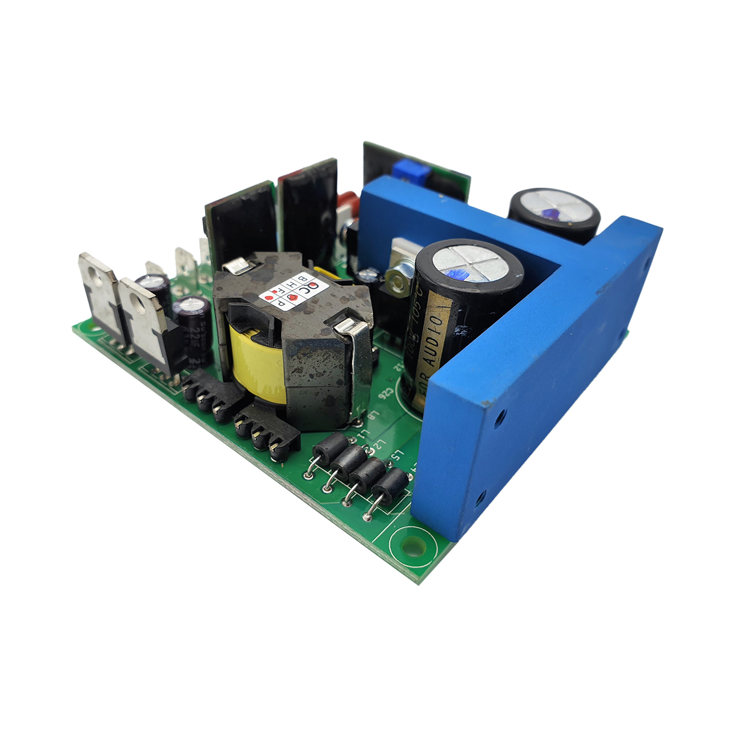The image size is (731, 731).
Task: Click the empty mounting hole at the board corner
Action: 411,545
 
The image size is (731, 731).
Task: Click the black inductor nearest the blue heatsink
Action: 391,485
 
